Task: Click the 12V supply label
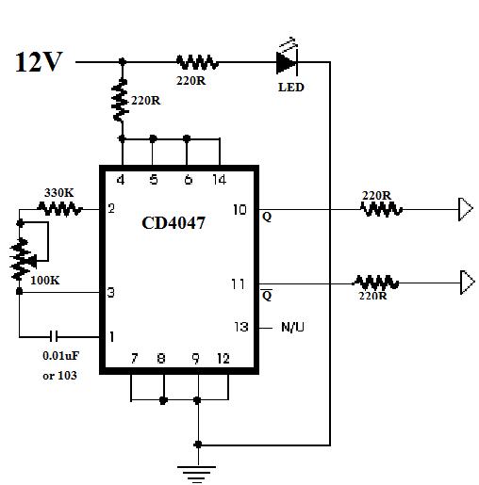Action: [39, 62]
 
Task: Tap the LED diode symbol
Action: [287, 62]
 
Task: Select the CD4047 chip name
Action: [173, 223]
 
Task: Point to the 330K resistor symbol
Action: [59, 209]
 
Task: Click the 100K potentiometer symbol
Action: [22, 259]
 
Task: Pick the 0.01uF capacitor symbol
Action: [54, 337]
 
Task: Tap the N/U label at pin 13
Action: [292, 327]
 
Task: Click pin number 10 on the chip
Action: [239, 209]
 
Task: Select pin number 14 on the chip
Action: [219, 180]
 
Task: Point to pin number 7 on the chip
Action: [135, 358]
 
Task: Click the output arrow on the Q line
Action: [466, 209]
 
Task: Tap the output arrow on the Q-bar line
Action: [468, 283]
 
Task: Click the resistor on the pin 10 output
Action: [381, 209]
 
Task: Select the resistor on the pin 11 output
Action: [375, 283]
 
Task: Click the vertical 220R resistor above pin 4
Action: [121, 101]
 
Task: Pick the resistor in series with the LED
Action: [197, 62]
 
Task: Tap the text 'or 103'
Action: [59, 376]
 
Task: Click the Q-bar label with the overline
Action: [267, 294]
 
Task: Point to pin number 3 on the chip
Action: [111, 292]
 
